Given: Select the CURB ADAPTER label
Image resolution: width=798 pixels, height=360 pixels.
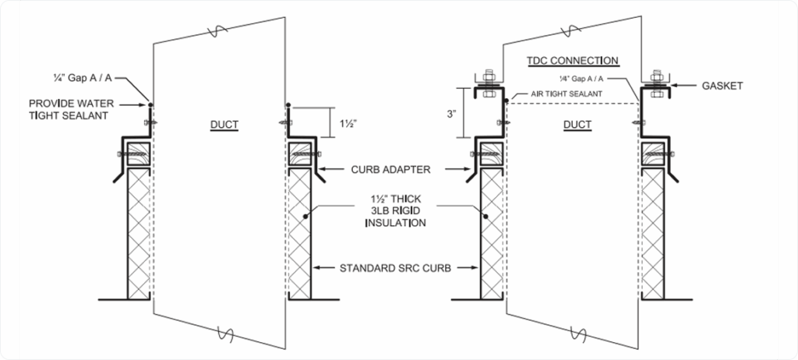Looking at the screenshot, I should [375, 169].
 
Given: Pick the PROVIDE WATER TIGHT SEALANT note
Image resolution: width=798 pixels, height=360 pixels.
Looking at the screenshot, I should [67, 110].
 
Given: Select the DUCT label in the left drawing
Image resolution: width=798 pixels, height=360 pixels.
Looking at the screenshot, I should [224, 124].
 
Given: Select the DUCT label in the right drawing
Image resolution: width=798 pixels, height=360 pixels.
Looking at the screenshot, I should [577, 124].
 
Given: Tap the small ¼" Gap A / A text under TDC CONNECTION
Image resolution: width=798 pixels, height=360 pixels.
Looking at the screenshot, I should [578, 79].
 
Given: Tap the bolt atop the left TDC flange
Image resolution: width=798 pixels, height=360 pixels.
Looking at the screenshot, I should [489, 76].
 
